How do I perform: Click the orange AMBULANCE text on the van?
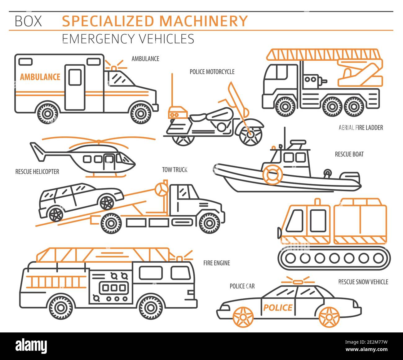pyautogui.click(x=40, y=77)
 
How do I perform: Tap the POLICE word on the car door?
pyautogui.click(x=278, y=307)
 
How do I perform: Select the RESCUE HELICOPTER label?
pyautogui.click(x=37, y=171)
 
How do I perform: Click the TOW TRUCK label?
pyautogui.click(x=175, y=169)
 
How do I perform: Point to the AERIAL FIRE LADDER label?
pyautogui.click(x=361, y=127)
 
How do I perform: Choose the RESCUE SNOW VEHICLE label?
pyautogui.click(x=363, y=282)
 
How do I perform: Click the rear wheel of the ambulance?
pyautogui.click(x=47, y=112)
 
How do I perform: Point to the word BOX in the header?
pyautogui.click(x=28, y=21)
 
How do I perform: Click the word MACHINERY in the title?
pyautogui.click(x=203, y=21)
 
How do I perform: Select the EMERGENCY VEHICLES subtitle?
pyautogui.click(x=128, y=39)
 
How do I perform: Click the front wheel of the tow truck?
pyautogui.click(x=210, y=222)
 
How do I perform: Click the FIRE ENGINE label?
pyautogui.click(x=217, y=263)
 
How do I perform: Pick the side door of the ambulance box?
pyautogui.click(x=75, y=87)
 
